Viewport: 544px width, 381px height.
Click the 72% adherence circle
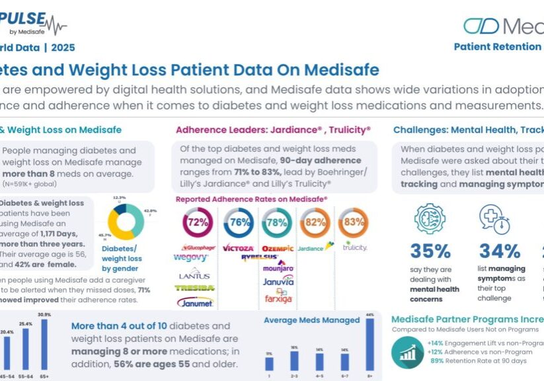197,223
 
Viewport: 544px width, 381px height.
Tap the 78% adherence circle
276,223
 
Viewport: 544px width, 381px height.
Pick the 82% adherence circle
315,223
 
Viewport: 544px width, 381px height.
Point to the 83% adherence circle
354,223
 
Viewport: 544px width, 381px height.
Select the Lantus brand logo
194,275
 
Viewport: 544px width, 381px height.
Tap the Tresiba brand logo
194,288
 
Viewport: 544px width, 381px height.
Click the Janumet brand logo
194,302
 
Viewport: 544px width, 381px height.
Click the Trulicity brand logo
356,247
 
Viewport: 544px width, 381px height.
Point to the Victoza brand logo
238,248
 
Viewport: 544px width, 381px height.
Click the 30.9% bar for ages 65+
46,345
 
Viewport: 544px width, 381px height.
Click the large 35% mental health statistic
430,251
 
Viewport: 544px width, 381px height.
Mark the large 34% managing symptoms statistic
500,251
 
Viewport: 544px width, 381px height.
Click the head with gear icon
430,219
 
